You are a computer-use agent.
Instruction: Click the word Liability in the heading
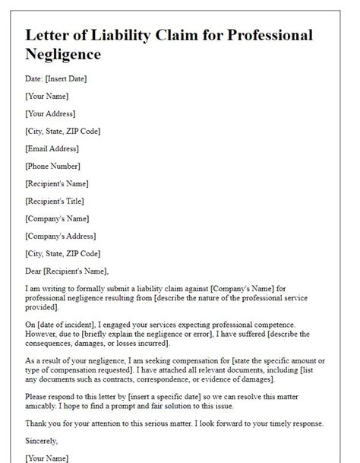click(120, 35)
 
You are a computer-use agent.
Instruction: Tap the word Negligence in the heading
click(63, 55)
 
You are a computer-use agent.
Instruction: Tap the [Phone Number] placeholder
click(54, 166)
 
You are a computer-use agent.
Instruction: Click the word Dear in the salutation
click(35, 271)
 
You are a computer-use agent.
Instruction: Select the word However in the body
click(43, 334)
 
